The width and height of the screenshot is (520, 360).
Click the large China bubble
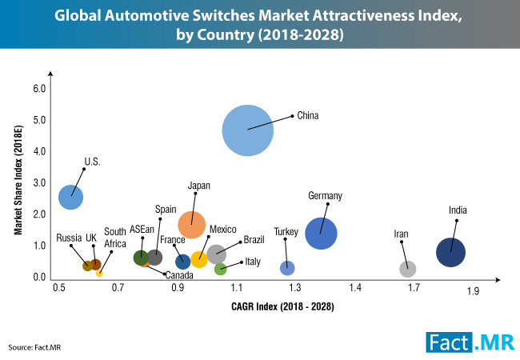[x=248, y=130]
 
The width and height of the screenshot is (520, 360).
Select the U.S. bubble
[x=71, y=196]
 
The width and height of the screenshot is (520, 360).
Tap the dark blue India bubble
[x=451, y=253]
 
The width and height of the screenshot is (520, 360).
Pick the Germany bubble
[x=321, y=233]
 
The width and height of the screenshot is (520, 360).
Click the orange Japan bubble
[x=192, y=225]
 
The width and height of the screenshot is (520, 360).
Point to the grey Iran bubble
[x=408, y=269]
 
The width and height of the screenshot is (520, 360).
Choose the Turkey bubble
[x=287, y=267]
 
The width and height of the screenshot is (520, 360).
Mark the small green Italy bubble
[x=221, y=269]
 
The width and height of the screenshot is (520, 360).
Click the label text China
[x=308, y=115]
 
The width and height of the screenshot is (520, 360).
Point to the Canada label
[x=178, y=275]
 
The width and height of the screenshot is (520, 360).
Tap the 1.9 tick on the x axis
[x=473, y=292]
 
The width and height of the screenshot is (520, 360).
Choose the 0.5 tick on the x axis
[x=58, y=286]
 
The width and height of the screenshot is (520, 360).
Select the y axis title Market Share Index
[x=18, y=183]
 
